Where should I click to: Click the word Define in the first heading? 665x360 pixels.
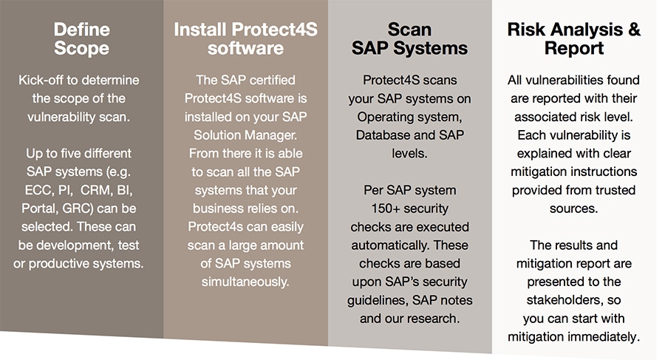82,30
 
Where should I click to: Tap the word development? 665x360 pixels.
76,245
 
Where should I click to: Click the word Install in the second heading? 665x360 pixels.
199,30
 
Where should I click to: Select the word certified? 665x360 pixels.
270,80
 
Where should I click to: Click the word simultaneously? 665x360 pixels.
245,282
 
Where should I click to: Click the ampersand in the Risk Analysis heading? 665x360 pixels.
634,30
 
